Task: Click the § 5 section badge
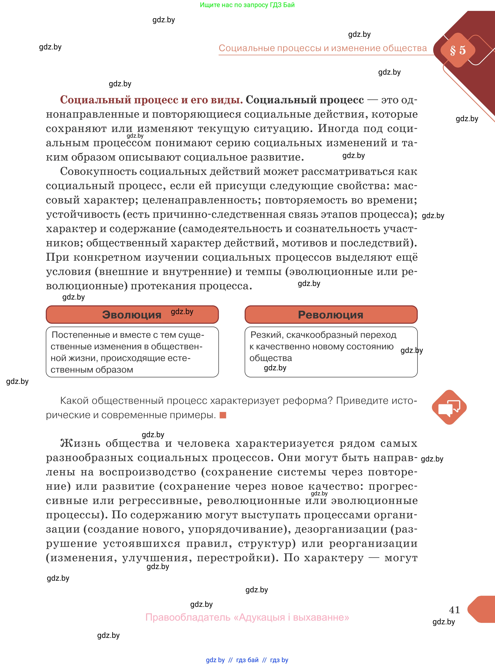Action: pos(457,50)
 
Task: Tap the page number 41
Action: pos(454,609)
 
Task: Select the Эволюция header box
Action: pos(132,314)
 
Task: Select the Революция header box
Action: pos(331,314)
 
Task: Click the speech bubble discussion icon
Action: pos(449,407)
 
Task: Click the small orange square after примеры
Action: pos(223,415)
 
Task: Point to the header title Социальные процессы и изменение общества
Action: pos(322,48)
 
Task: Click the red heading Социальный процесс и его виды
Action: pos(151,100)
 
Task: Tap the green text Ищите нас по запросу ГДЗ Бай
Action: pos(247,5)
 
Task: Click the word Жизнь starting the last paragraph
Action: pos(80,443)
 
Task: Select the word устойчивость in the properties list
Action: pos(82,214)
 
